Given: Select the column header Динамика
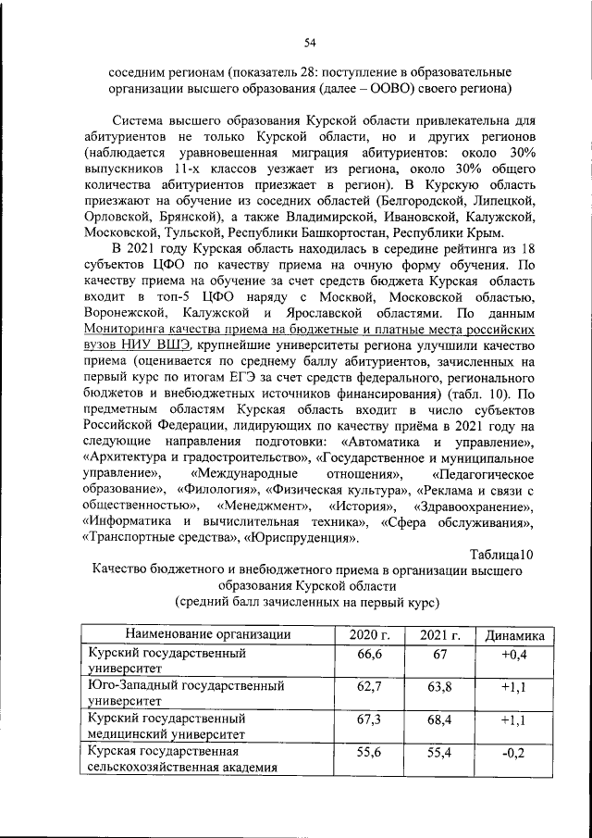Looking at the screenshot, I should pyautogui.click(x=515, y=634).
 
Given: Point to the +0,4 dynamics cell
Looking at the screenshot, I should pyautogui.click(x=514, y=655).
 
